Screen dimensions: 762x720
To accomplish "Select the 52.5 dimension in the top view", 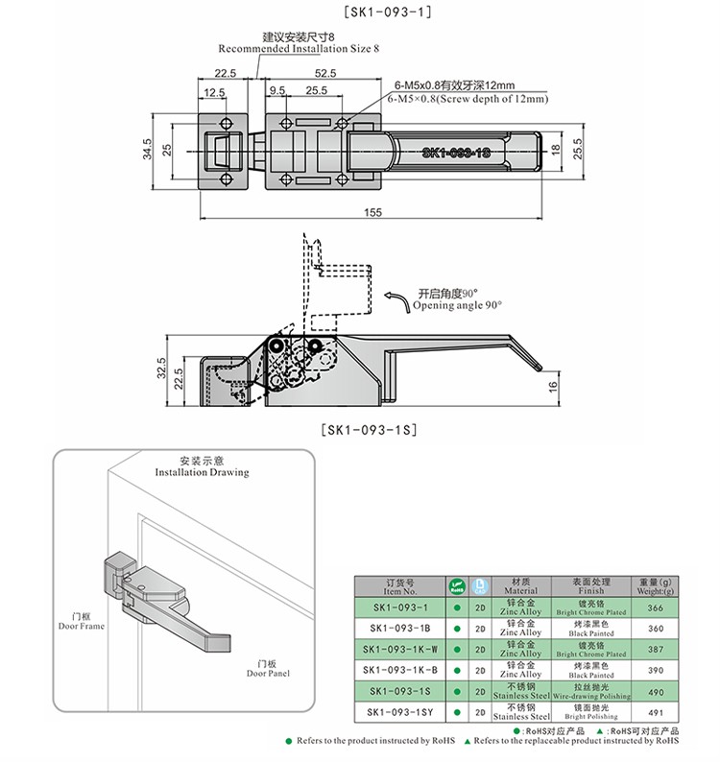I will point(324,72).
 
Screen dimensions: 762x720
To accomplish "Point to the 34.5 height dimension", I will point(146,149).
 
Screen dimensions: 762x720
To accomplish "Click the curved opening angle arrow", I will point(395,301).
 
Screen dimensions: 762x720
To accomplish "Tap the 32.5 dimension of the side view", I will point(161,368).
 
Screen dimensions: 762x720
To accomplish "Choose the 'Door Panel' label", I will point(267,668).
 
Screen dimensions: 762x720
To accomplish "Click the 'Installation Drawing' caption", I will point(202,472).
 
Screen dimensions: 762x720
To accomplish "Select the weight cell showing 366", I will point(657,607).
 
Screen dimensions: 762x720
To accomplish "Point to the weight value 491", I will point(657,713).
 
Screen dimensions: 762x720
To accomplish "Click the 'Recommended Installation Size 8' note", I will point(299,47).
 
